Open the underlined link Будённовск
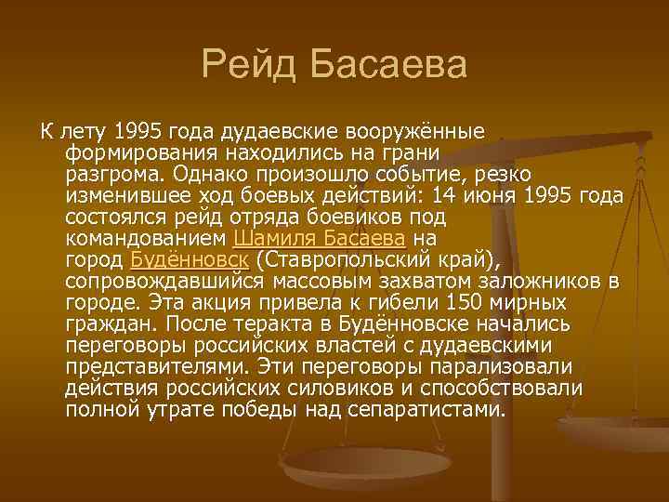190,258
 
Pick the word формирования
136,153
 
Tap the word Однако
217,174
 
